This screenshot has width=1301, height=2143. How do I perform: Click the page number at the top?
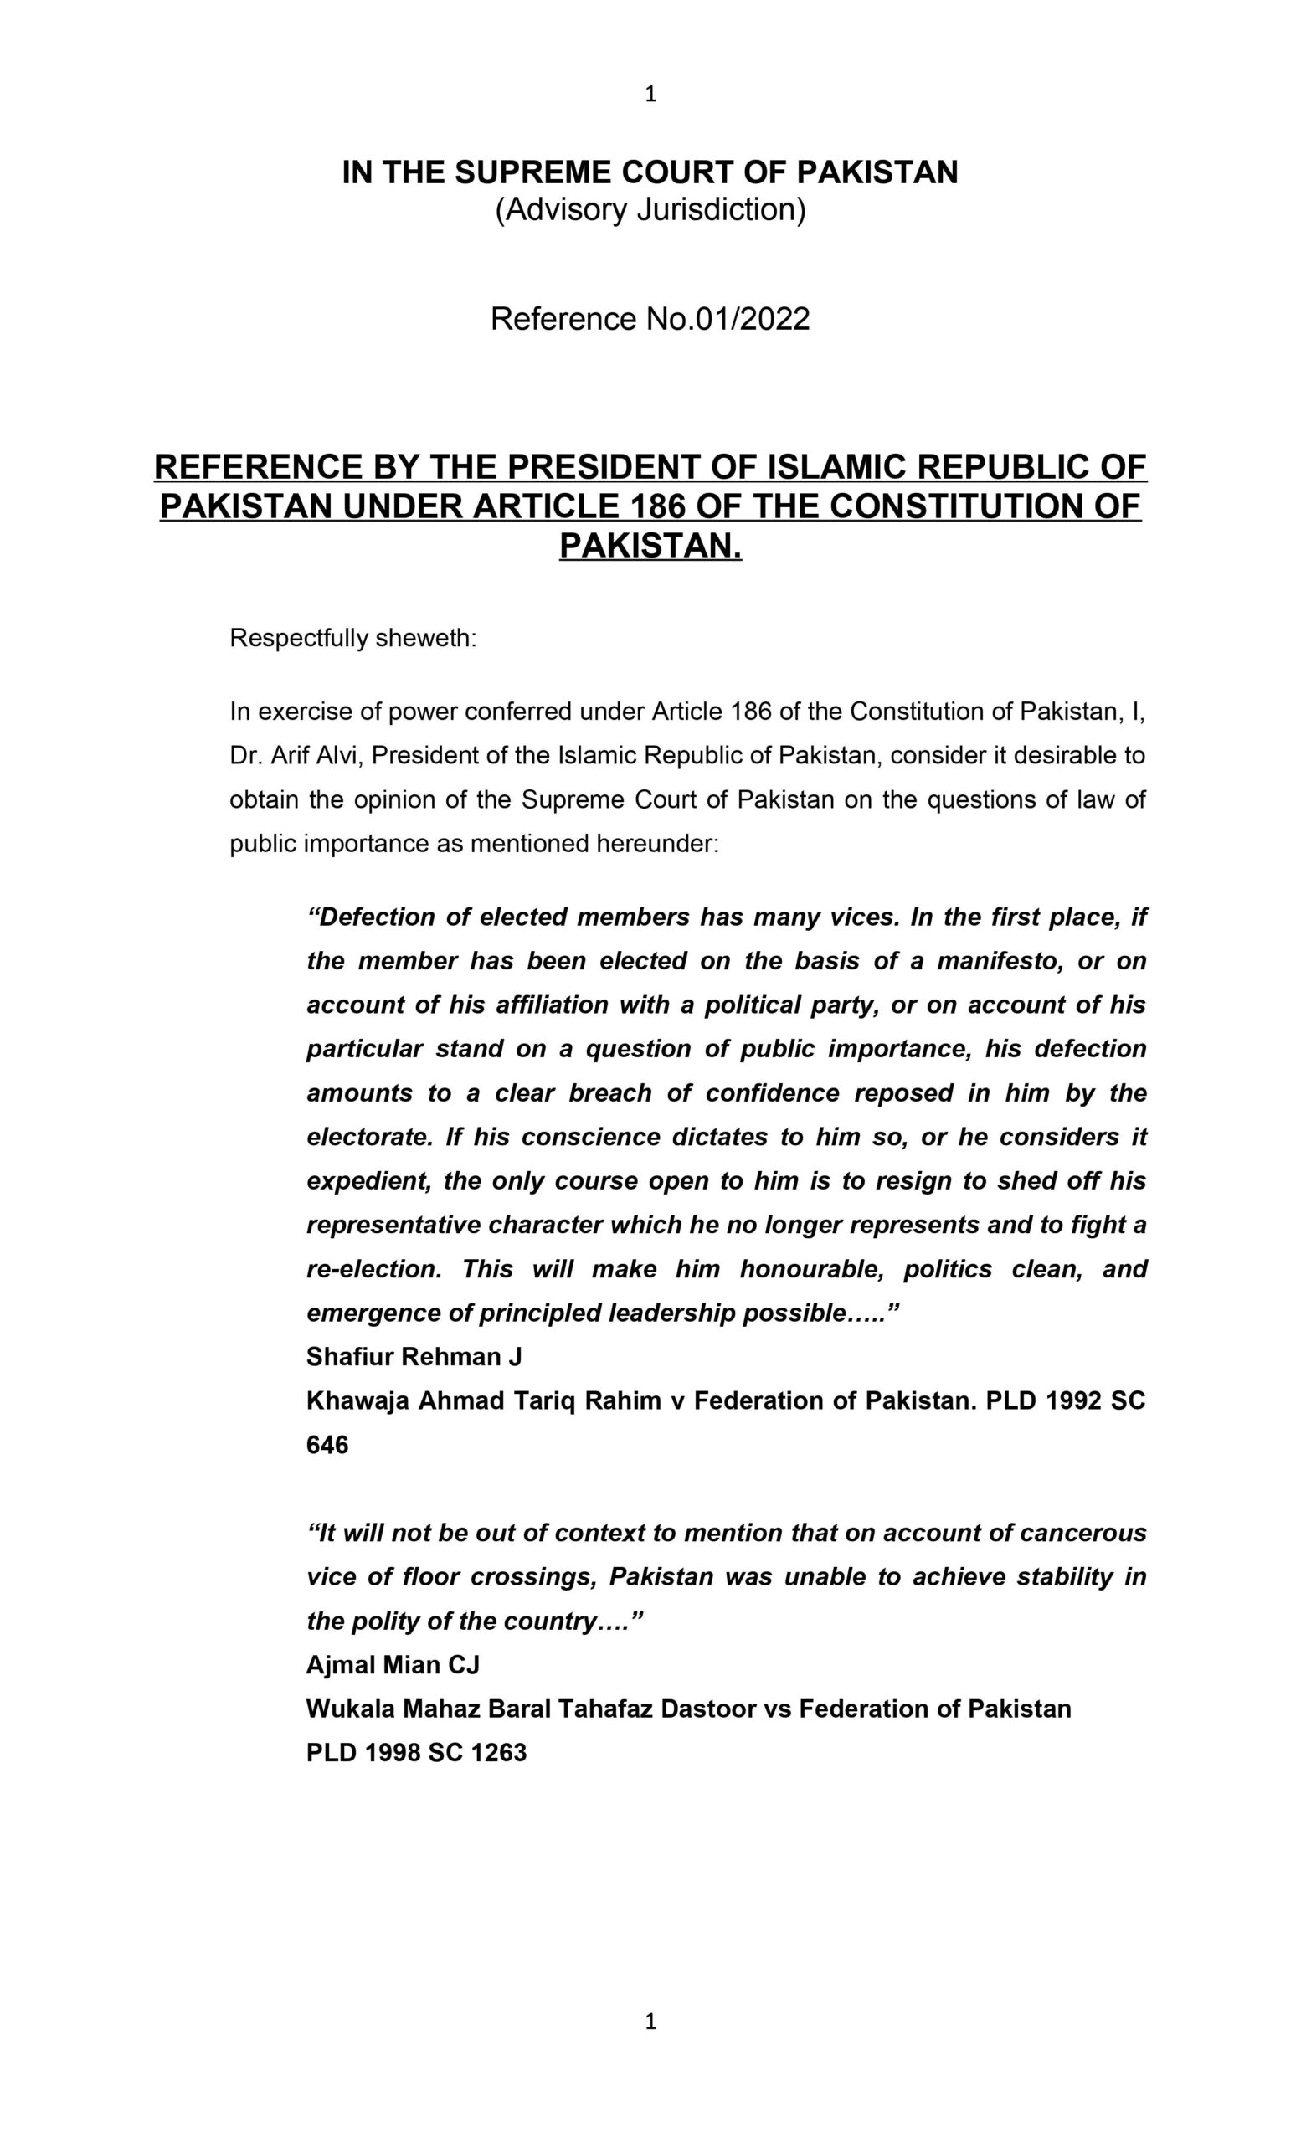click(x=650, y=95)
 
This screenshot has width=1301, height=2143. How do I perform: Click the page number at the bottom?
click(x=650, y=2022)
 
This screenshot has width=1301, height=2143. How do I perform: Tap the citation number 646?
click(x=328, y=1445)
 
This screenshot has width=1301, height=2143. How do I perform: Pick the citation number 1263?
click(x=498, y=1753)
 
